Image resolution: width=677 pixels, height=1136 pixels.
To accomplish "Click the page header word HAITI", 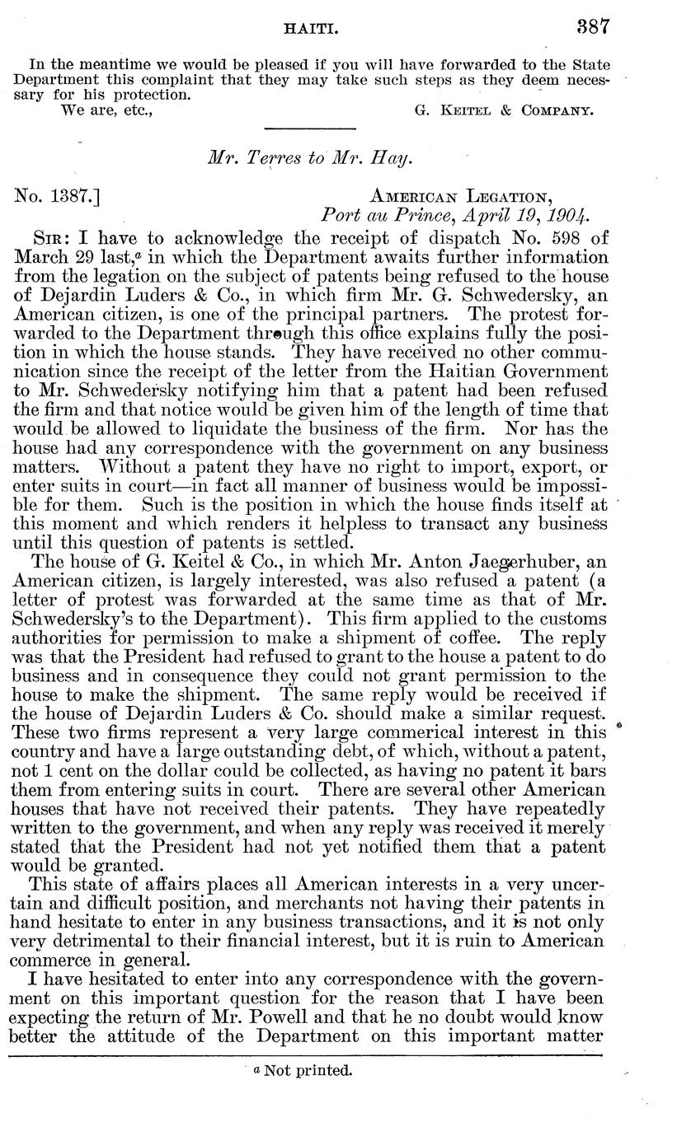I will (307, 27).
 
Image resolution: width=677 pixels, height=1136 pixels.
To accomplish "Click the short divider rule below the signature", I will (308, 129).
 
